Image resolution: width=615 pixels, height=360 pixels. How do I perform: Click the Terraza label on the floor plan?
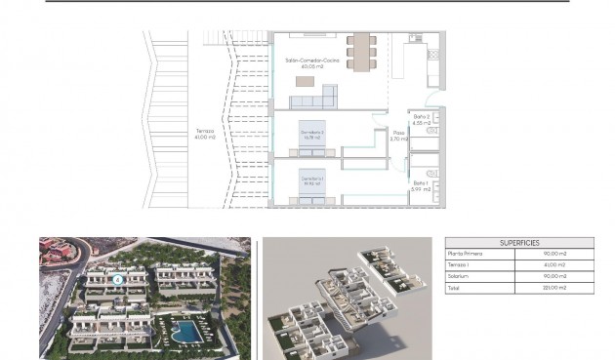click(x=204, y=130)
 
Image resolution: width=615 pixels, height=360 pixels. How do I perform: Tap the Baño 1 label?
click(x=420, y=182)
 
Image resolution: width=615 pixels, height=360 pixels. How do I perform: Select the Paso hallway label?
click(x=398, y=133)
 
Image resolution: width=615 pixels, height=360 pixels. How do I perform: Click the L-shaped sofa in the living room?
click(x=322, y=96)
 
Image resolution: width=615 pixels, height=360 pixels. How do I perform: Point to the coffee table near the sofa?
click(x=306, y=81)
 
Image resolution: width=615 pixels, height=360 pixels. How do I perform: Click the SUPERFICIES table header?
click(x=518, y=243)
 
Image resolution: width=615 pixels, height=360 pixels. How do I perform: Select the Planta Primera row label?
click(x=466, y=253)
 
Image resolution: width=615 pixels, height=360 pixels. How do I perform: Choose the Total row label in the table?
click(x=453, y=288)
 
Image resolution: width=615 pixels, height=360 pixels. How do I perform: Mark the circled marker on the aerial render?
click(x=118, y=279)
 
